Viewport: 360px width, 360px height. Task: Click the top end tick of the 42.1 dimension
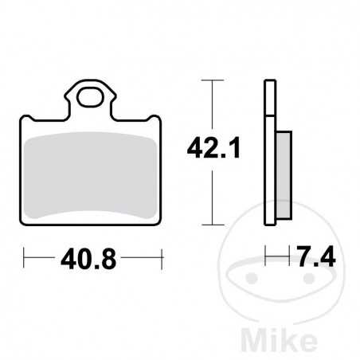coord(210,80)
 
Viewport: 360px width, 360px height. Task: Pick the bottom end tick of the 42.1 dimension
coord(210,224)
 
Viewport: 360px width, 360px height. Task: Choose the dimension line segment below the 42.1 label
coord(210,195)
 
